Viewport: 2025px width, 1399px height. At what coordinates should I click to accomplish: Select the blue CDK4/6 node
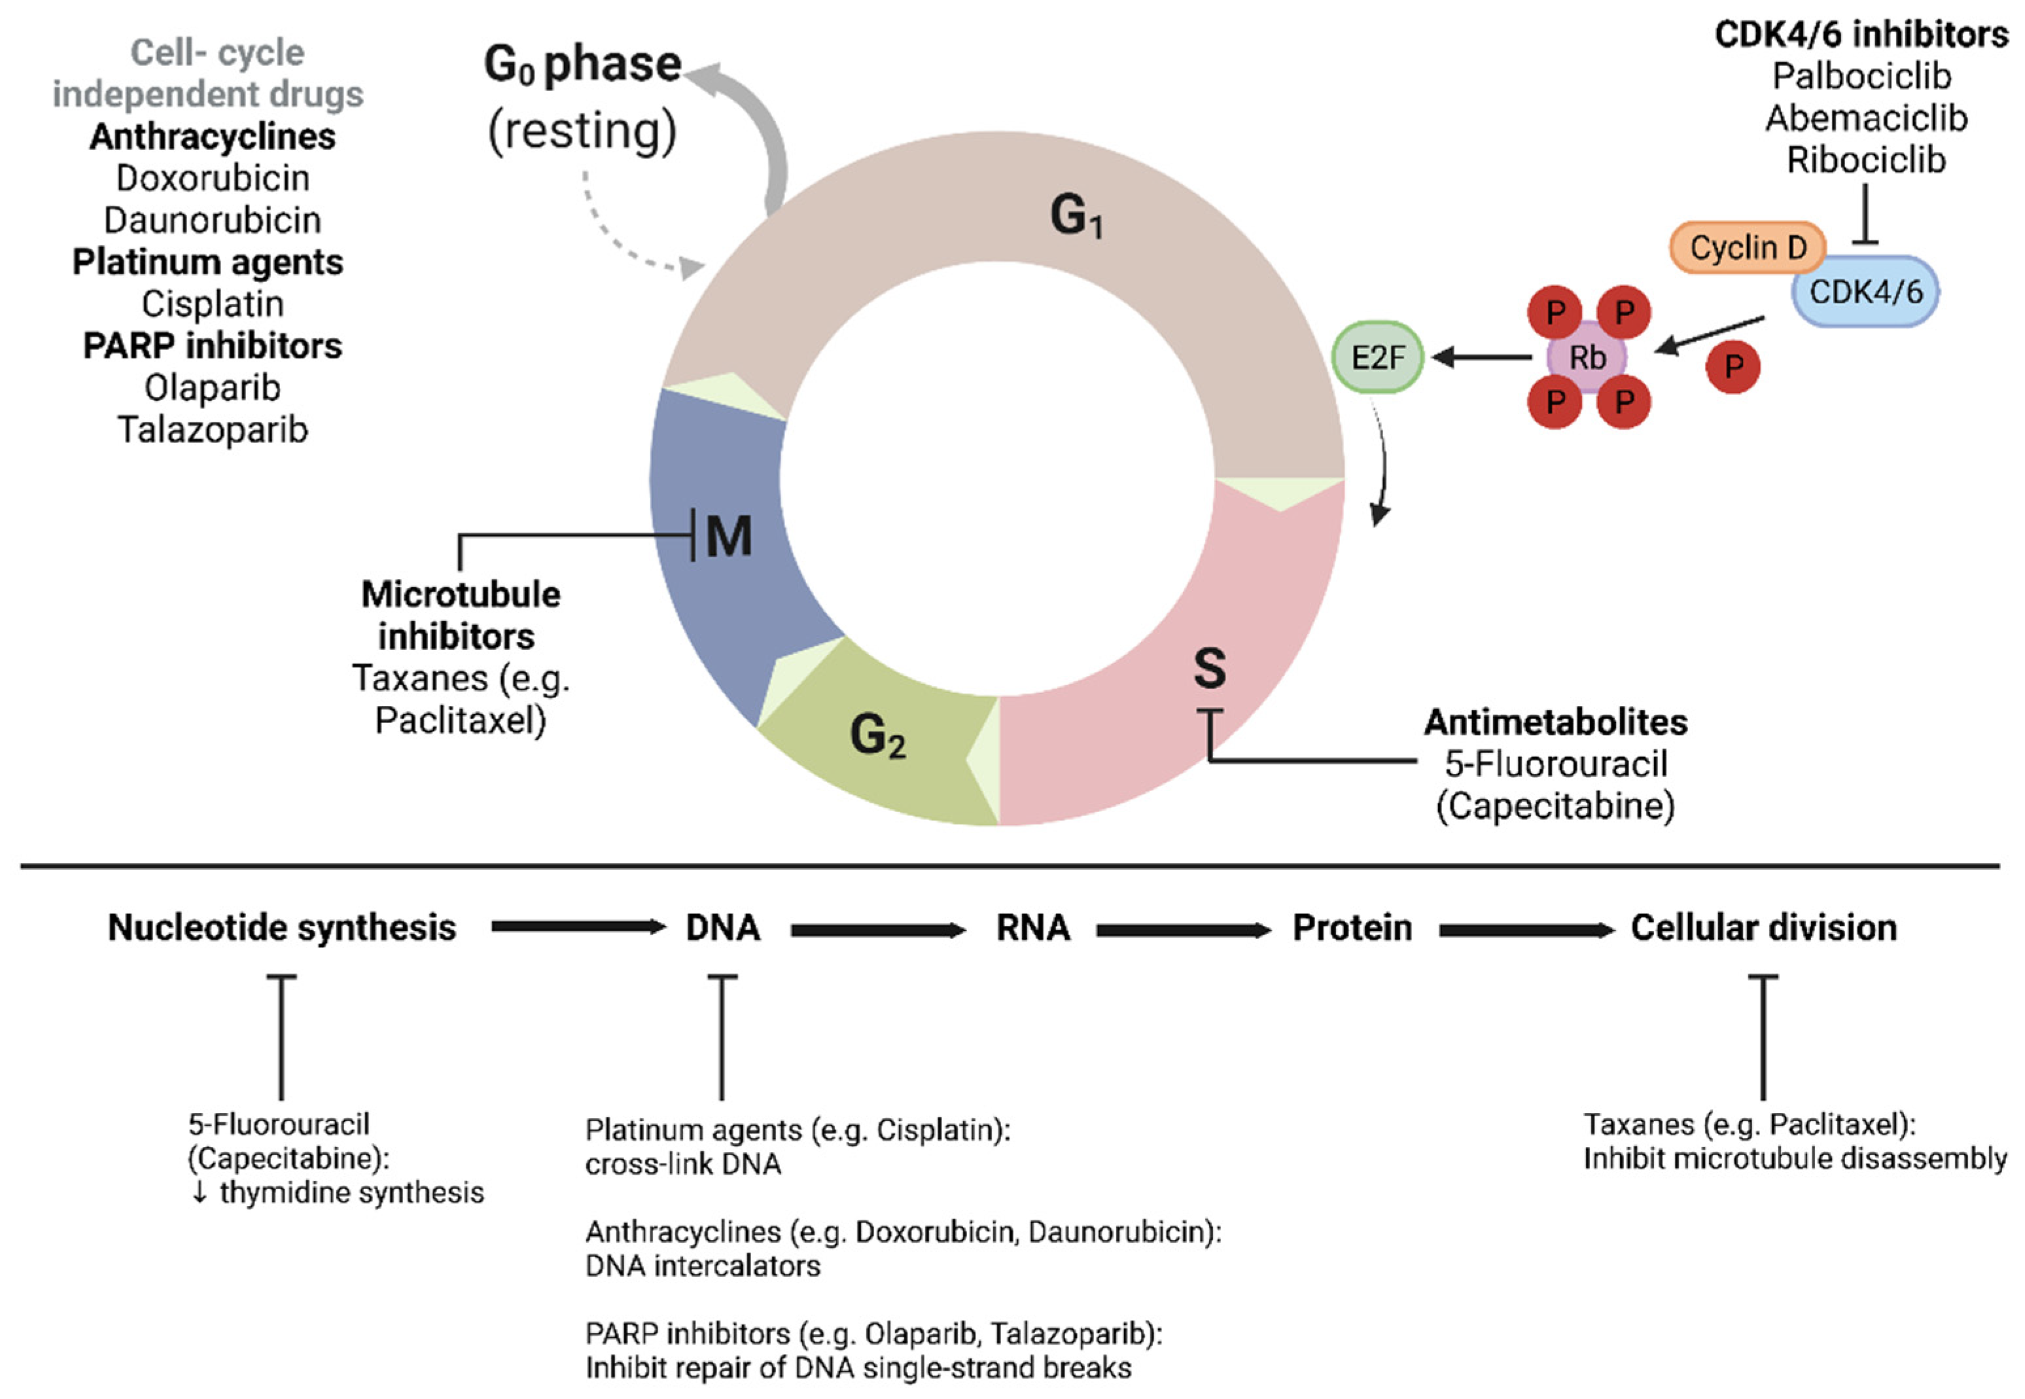point(1865,292)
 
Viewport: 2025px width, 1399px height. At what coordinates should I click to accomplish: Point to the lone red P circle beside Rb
point(1733,366)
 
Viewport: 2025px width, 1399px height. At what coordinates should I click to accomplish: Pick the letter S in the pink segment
point(1209,669)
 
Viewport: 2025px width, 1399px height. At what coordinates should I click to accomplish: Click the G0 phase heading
point(583,65)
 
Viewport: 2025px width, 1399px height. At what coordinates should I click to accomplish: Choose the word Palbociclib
point(1862,77)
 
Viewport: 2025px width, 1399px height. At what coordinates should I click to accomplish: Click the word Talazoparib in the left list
point(213,429)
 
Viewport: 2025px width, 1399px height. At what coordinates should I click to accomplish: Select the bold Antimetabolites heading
point(1555,722)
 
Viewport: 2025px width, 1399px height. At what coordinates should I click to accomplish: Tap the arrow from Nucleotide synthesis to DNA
point(578,927)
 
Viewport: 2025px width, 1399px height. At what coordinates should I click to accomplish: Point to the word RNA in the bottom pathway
point(1032,927)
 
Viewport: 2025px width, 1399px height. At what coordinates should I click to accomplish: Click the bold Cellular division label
point(1763,927)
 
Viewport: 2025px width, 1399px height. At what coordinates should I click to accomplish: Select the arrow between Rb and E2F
point(1481,357)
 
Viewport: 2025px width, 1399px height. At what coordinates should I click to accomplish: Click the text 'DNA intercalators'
point(703,1266)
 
